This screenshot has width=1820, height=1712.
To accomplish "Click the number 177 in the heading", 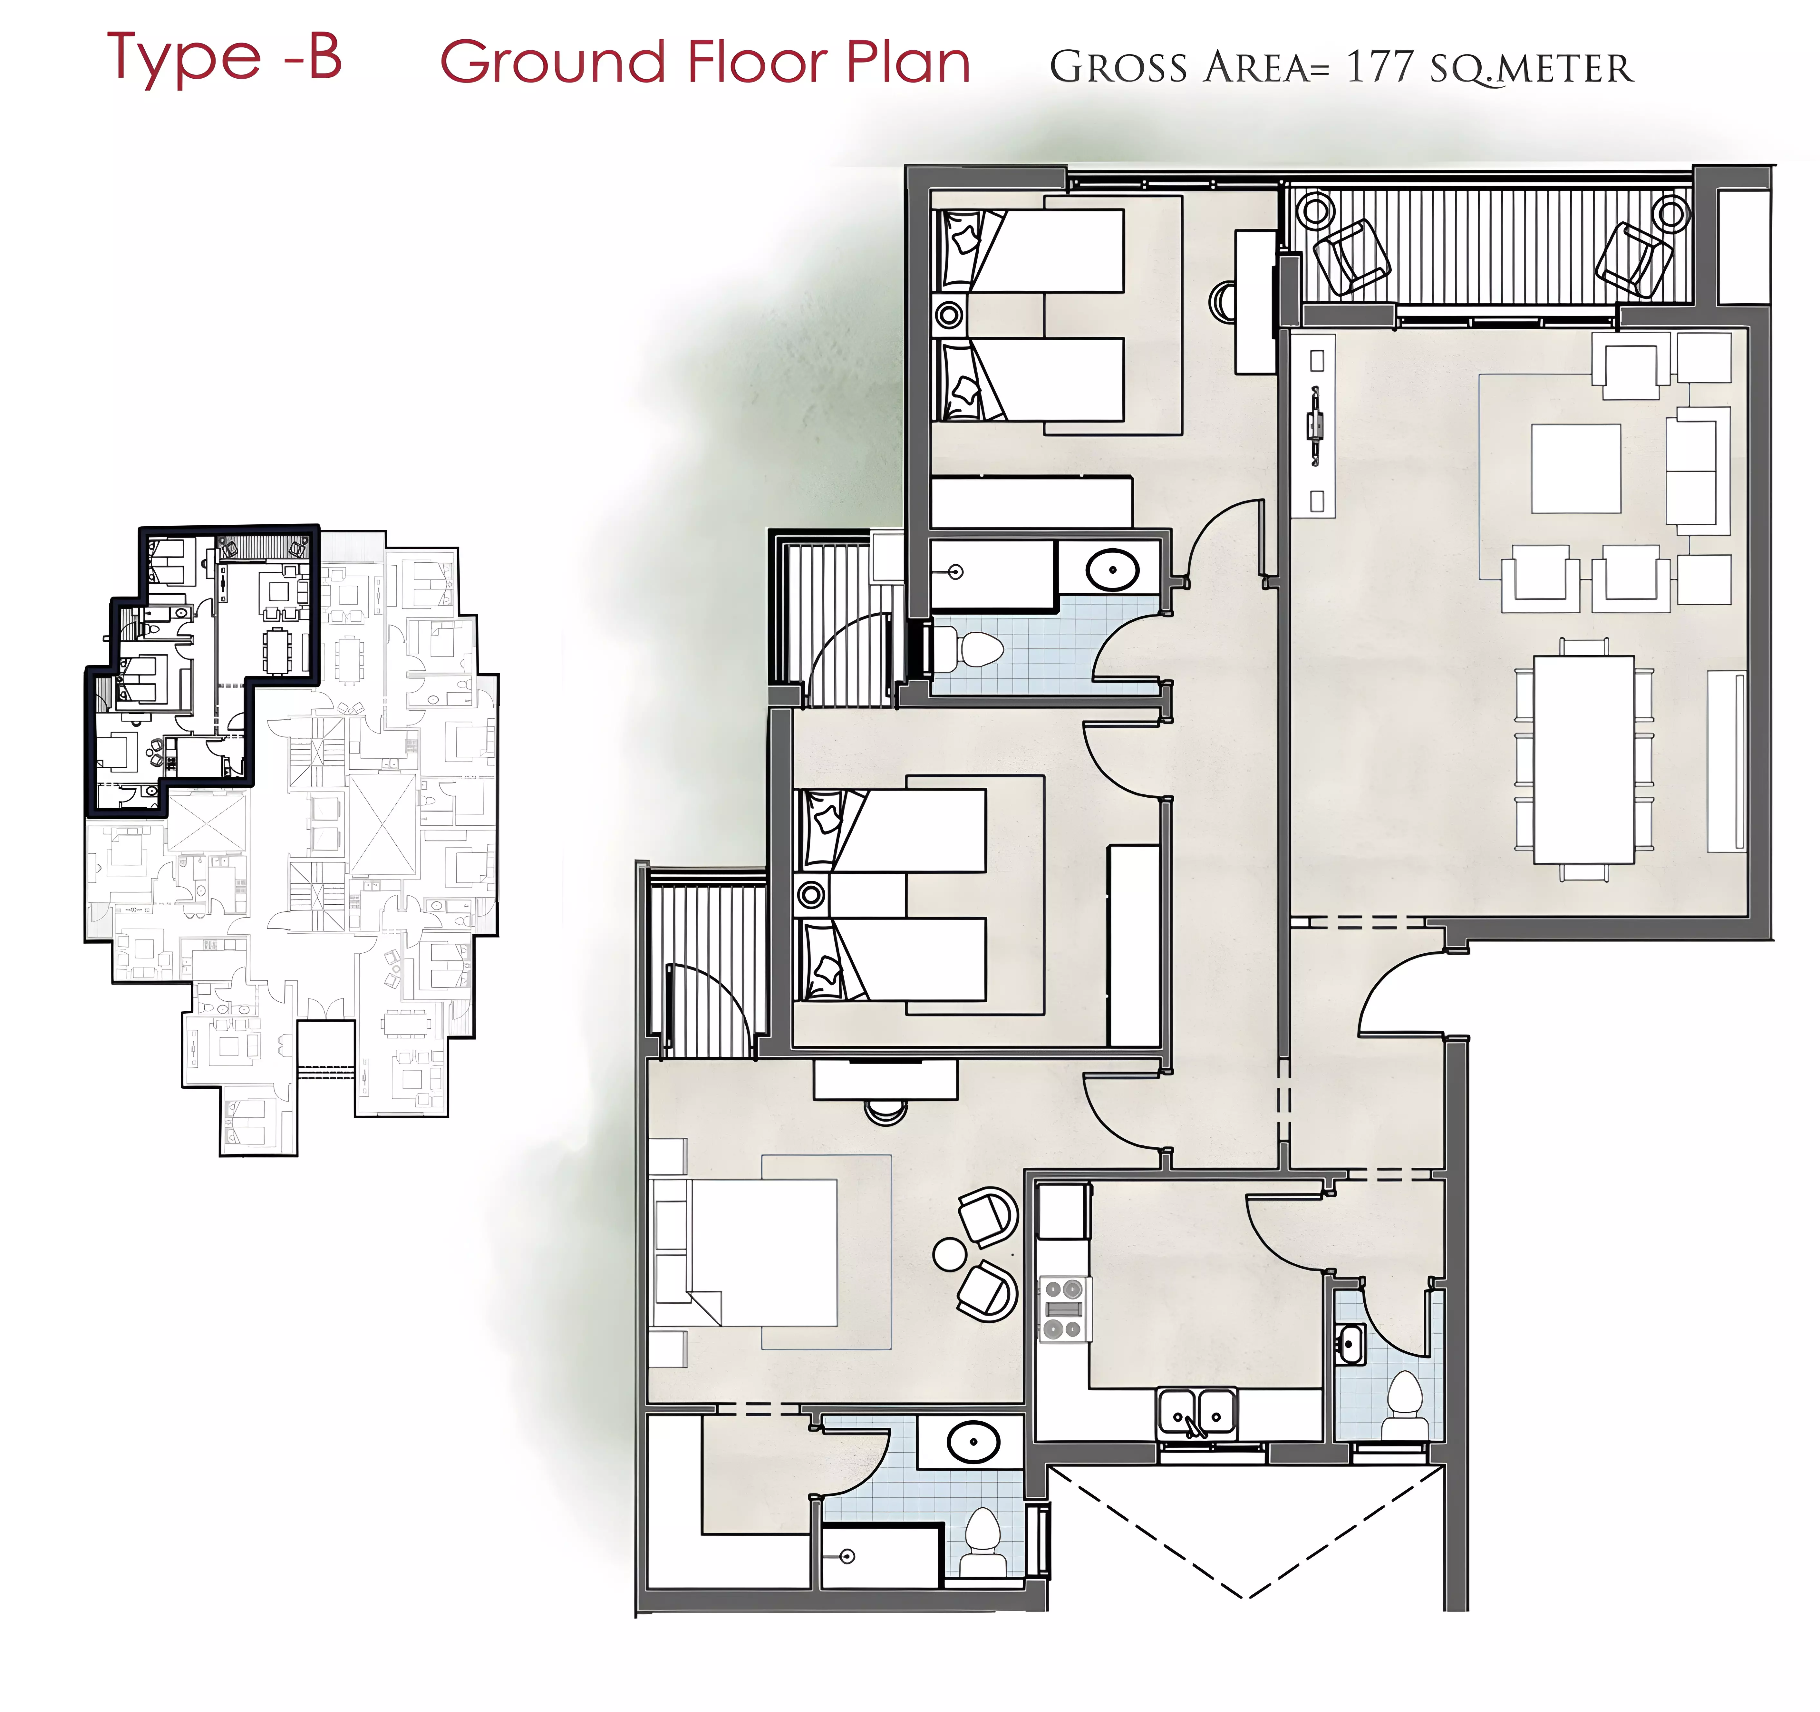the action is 1380,67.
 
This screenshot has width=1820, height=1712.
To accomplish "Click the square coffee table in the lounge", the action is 1576,468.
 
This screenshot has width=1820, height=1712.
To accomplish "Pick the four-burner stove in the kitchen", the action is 1065,1309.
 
